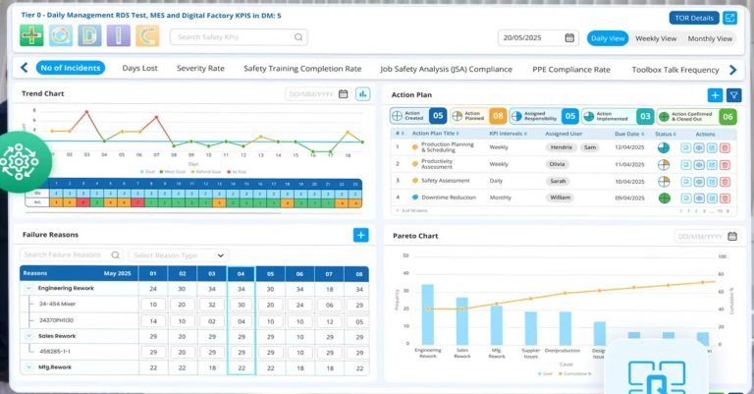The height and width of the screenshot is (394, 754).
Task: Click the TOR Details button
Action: pos(693,18)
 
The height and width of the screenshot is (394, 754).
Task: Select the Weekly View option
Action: pos(655,38)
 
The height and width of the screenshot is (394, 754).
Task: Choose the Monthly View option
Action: pos(709,38)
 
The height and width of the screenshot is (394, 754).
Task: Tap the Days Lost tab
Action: pos(139,69)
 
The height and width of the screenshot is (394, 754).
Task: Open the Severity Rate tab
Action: pos(200,69)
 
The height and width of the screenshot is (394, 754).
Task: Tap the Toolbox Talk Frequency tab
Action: pos(675,69)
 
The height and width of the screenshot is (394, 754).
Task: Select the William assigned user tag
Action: pos(560,197)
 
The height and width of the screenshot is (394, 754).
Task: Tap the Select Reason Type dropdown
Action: pos(179,255)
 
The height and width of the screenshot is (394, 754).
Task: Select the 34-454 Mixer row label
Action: pos(58,305)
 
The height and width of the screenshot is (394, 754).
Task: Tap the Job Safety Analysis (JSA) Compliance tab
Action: pos(447,69)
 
